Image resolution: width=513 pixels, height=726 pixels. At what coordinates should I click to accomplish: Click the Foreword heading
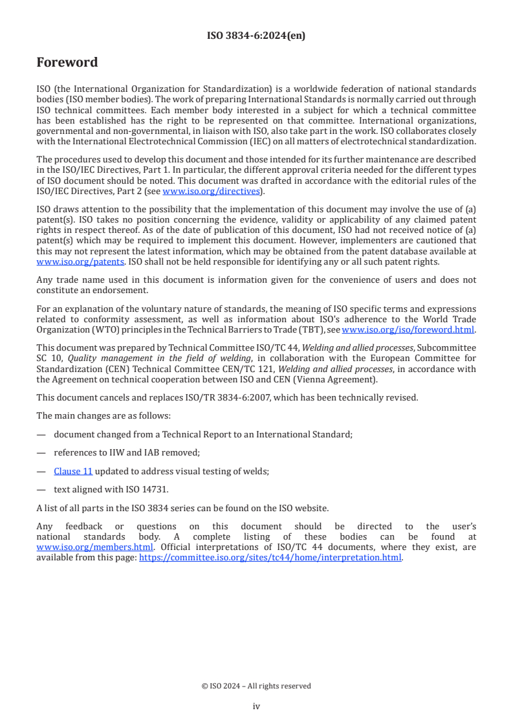[x=67, y=63]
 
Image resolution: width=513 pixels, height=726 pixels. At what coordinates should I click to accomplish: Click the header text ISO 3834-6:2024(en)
[x=256, y=36]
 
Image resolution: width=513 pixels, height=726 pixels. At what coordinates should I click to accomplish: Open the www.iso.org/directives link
[x=211, y=191]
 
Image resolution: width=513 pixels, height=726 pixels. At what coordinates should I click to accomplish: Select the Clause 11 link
[x=73, y=472]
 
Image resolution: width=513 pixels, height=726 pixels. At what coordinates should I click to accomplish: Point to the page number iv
[x=256, y=707]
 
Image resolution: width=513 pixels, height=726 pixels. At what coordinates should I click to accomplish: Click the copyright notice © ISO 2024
[x=256, y=686]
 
